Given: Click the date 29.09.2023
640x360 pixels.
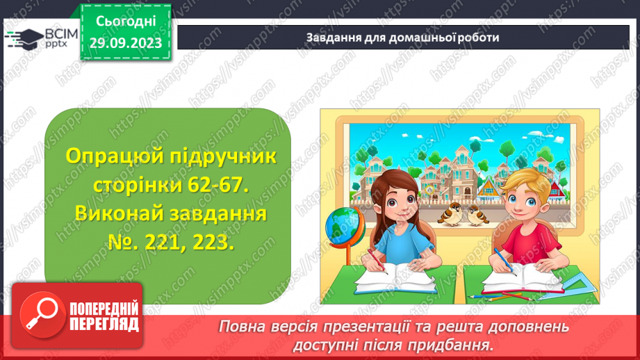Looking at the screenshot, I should tap(125, 43).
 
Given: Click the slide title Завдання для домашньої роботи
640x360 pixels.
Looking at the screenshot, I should tap(402, 38).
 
